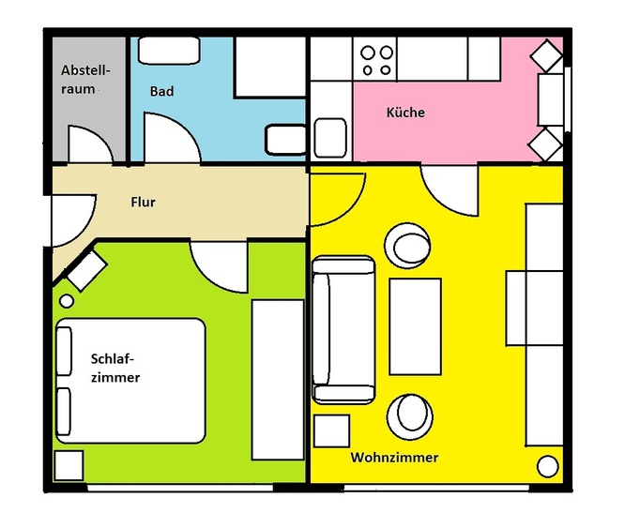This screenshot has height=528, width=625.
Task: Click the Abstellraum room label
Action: (x=85, y=80)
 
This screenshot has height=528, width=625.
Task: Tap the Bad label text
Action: (x=161, y=91)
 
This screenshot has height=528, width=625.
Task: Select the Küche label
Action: (x=405, y=113)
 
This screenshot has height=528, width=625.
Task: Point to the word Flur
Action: (x=143, y=202)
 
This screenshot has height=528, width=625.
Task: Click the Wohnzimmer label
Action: (x=394, y=457)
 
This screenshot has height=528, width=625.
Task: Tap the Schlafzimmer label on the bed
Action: (x=115, y=368)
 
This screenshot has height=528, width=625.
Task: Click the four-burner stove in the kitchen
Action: (x=375, y=60)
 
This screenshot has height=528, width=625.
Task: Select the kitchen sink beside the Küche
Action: (x=330, y=138)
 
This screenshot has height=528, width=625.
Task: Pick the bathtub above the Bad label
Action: (x=169, y=50)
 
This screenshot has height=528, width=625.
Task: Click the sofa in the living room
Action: (x=343, y=329)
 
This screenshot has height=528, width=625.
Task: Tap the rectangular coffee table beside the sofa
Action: (x=416, y=326)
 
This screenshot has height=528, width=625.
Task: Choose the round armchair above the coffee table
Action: (x=407, y=246)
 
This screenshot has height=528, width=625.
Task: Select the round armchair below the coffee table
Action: (x=410, y=416)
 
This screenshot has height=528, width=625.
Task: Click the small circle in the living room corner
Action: (x=548, y=466)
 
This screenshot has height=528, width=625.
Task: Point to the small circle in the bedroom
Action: (x=67, y=301)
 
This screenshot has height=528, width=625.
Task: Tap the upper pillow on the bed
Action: (x=64, y=351)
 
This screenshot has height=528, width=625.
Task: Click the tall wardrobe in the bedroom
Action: (x=278, y=380)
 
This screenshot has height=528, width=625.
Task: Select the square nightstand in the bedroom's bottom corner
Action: (x=69, y=465)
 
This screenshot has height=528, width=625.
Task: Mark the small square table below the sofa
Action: (x=331, y=430)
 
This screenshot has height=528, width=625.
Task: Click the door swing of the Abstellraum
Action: (x=91, y=144)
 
